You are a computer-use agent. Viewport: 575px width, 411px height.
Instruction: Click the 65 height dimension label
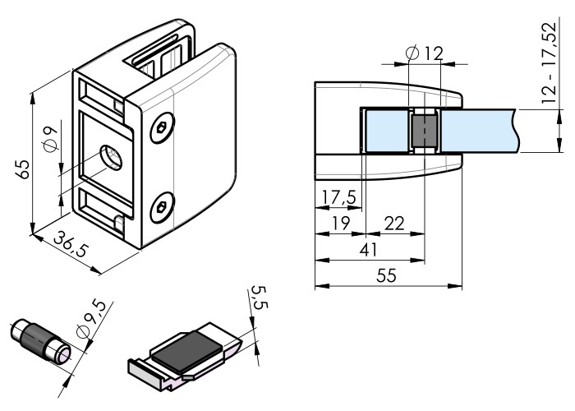pyautogui.click(x=23, y=169)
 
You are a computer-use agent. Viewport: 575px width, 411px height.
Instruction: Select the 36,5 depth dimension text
pyautogui.click(x=71, y=243)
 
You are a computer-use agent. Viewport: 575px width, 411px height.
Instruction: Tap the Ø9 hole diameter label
pyautogui.click(x=50, y=138)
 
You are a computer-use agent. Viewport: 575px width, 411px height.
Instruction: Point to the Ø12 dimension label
pyautogui.click(x=425, y=53)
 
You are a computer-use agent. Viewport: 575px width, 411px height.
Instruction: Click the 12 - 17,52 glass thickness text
pyautogui.click(x=549, y=62)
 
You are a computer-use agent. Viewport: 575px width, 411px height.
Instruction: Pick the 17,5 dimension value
pyautogui.click(x=338, y=197)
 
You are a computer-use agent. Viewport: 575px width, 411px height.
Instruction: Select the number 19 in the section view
pyautogui.click(x=340, y=223)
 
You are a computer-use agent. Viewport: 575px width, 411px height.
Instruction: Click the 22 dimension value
pyautogui.click(x=394, y=223)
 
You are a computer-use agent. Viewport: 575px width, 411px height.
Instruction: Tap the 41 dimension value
pyautogui.click(x=368, y=250)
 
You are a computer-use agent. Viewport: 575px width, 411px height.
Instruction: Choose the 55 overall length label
pyautogui.click(x=387, y=275)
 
